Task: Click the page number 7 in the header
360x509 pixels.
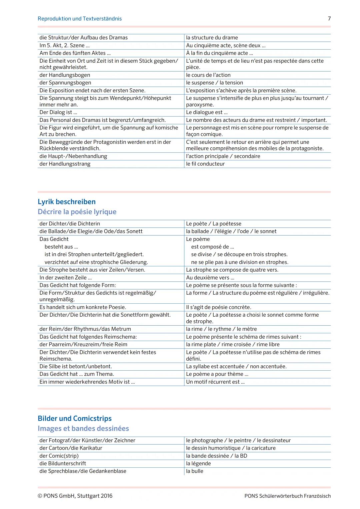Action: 329,19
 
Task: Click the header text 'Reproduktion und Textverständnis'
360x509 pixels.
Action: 80,19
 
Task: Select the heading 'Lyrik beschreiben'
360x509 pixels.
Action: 67,202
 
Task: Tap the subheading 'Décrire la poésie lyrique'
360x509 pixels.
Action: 77,212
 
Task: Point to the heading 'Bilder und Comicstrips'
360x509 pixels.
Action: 75,418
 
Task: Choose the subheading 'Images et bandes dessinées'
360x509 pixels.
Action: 83,428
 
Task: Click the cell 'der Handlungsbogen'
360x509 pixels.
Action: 65,75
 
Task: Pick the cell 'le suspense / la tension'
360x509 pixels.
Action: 214,83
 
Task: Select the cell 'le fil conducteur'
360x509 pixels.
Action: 205,164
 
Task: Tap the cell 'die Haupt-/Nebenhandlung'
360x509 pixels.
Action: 73,156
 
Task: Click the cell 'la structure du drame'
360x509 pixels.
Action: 212,38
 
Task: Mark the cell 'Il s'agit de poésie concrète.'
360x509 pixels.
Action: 219,307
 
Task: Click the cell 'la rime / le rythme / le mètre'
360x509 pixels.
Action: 221,329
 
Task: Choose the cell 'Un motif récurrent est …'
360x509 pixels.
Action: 215,382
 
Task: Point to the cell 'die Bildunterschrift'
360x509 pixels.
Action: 63,463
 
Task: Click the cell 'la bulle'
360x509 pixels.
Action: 195,471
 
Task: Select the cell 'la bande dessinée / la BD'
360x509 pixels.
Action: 217,456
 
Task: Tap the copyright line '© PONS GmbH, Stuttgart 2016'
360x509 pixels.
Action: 75,496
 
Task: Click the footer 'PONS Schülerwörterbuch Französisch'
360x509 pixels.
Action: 287,496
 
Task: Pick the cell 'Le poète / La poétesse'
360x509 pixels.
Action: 214,224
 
